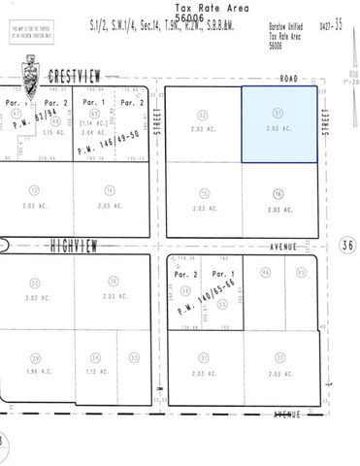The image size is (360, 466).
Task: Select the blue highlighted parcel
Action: (278, 124)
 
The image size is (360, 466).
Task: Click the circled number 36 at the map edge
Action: (347, 246)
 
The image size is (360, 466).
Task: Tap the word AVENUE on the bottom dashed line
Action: (287, 415)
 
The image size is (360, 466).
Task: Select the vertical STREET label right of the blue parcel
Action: (326, 124)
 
